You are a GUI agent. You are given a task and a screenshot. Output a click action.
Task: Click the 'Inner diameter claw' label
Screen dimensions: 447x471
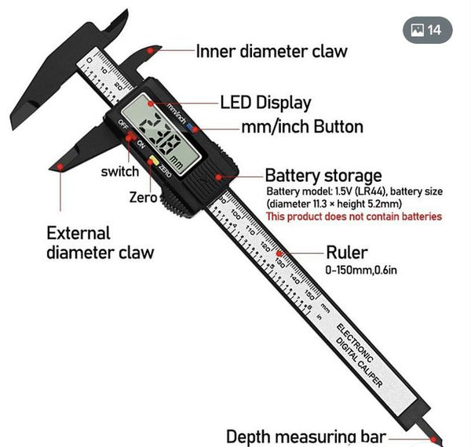(x=271, y=51)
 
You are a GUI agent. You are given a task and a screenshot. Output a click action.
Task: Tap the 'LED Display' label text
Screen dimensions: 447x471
(x=265, y=103)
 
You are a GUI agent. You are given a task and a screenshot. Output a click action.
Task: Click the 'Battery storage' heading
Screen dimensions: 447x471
(x=323, y=175)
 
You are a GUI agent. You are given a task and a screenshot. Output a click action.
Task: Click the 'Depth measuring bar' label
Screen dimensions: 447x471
(x=306, y=436)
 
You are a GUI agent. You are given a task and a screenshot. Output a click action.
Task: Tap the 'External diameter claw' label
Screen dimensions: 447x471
(x=100, y=242)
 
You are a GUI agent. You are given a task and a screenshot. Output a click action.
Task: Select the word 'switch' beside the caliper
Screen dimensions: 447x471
(x=120, y=171)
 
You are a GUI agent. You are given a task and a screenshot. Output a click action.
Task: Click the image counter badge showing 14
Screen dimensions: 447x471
(x=427, y=30)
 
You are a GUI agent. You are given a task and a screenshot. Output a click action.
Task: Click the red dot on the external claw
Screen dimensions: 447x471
(x=60, y=166)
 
